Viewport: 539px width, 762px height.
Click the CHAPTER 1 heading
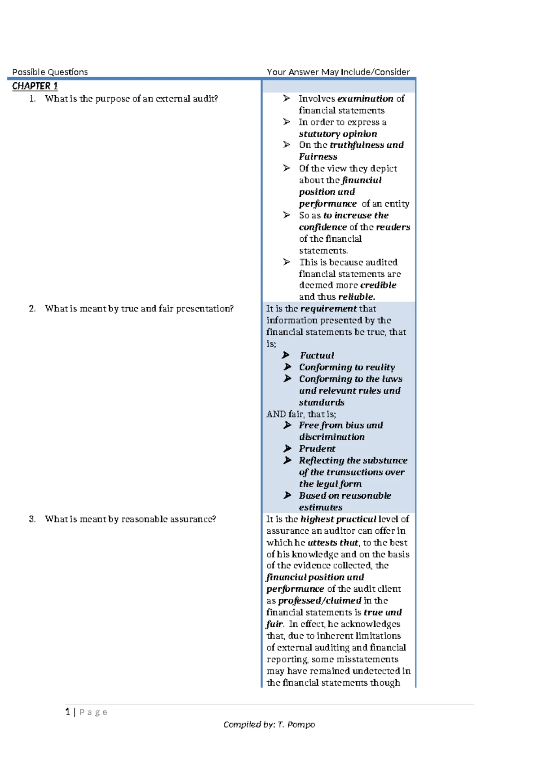(35, 86)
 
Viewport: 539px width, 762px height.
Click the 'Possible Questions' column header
(50, 72)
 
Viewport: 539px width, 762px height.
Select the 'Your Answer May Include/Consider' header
(338, 72)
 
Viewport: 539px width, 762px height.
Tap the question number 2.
(32, 309)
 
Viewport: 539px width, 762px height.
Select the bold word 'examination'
(365, 99)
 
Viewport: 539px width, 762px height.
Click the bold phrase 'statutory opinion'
(338, 134)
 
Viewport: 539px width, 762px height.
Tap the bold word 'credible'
(378, 285)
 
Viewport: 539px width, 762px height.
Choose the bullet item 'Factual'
(317, 355)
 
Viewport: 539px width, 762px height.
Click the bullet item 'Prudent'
(317, 449)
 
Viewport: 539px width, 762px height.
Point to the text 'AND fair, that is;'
(301, 414)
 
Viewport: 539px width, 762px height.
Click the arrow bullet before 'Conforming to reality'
(287, 367)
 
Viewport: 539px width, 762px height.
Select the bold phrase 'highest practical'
(338, 519)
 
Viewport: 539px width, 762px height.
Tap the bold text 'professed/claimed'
(319, 601)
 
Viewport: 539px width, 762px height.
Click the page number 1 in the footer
(67, 712)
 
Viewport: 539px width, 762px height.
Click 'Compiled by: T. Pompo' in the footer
(269, 724)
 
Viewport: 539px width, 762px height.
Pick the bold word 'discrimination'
(331, 437)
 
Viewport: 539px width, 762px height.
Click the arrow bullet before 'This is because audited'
(287, 262)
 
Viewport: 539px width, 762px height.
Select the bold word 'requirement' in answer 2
(328, 309)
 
